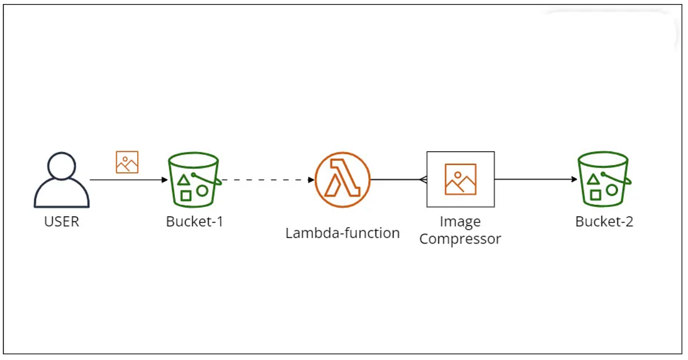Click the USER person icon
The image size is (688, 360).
coord(61,181)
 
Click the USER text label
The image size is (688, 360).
coord(61,221)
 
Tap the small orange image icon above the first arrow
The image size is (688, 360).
coord(127,162)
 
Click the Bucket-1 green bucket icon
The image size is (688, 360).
coord(194,179)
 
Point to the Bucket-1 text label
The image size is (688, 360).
coord(194,221)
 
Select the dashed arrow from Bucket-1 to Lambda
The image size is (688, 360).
coord(267,180)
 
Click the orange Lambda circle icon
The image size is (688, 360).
coord(342,179)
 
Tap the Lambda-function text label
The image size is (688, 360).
coord(342,233)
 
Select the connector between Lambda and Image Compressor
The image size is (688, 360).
coord(398,179)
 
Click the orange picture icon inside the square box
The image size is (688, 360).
coord(460,179)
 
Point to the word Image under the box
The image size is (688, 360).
coord(460,222)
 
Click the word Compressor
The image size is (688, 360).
coord(460,238)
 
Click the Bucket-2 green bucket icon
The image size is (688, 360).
coord(604,179)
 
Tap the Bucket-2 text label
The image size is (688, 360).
coord(604,221)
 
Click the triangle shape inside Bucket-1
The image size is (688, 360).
coord(183,180)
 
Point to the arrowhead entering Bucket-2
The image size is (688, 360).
coord(574,179)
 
